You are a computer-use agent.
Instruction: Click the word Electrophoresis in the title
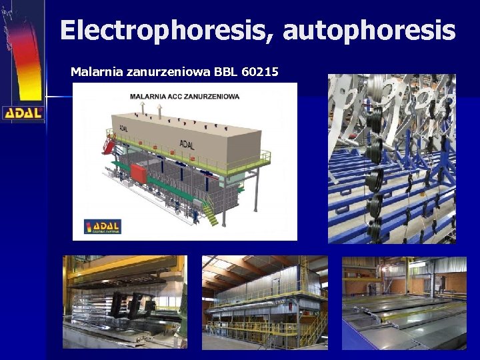click(x=163, y=31)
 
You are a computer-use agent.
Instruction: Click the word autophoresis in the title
click(x=365, y=31)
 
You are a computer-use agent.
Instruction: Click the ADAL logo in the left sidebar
click(x=23, y=113)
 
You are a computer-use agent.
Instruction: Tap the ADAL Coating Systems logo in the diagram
click(x=102, y=227)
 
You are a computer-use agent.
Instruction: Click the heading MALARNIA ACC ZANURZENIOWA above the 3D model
click(x=185, y=97)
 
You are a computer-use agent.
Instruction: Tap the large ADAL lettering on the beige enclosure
click(x=189, y=143)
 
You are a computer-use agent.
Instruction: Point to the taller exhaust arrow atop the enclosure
click(x=142, y=108)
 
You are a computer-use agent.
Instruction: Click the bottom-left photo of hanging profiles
click(x=125, y=302)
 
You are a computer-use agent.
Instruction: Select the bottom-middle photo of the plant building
click(x=265, y=302)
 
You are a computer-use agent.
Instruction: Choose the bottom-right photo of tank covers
click(x=404, y=302)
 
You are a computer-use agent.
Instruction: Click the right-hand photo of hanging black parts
click(x=391, y=158)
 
